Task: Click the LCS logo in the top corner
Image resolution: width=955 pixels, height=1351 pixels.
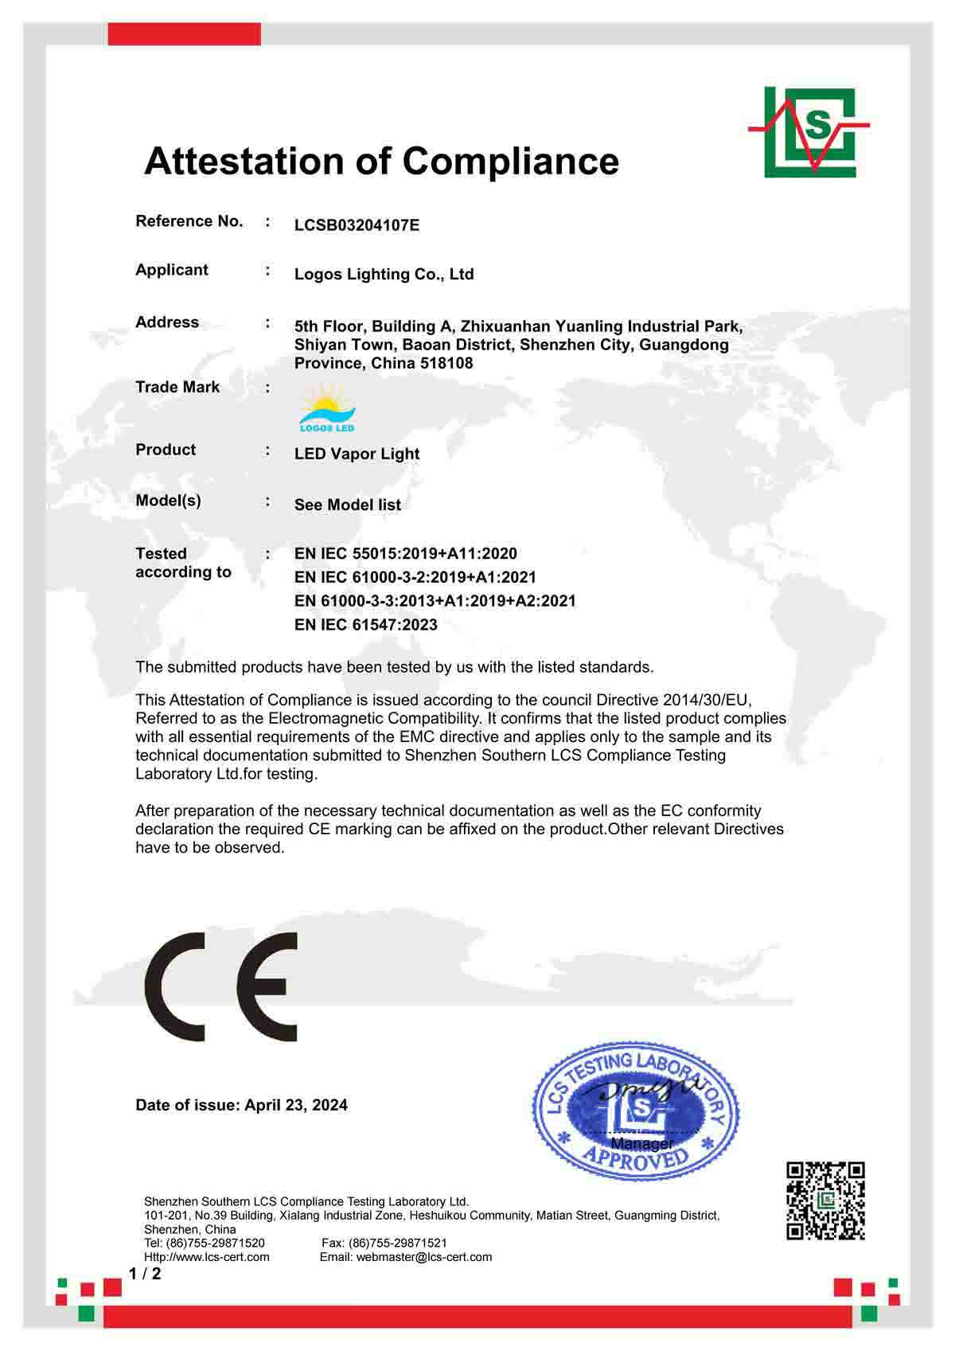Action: click(x=809, y=131)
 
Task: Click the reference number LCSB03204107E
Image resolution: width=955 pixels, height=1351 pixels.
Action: click(x=357, y=225)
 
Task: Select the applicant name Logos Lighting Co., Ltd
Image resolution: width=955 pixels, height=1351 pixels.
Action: click(x=384, y=275)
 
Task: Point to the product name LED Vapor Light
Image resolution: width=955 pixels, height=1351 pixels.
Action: click(x=357, y=454)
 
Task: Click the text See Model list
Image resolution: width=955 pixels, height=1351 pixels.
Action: click(x=348, y=505)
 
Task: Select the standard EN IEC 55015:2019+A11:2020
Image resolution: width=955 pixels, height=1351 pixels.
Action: click(x=405, y=553)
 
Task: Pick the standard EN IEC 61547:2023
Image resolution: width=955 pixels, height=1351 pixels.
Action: click(x=365, y=625)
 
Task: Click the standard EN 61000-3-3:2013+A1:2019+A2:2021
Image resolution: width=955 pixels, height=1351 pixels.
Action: click(x=435, y=601)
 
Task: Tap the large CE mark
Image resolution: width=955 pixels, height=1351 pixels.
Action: click(x=221, y=986)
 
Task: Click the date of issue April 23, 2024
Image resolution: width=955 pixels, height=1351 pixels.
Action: click(x=296, y=1105)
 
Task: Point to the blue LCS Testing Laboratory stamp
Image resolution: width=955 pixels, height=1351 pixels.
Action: click(x=635, y=1107)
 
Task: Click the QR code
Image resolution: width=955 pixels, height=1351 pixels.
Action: click(x=825, y=1201)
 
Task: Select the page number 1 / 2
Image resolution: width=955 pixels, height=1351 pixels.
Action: click(x=145, y=1274)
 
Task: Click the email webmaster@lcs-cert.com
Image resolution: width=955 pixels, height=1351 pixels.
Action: click(x=424, y=1257)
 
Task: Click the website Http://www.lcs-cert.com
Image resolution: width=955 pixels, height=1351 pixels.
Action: click(x=207, y=1257)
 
